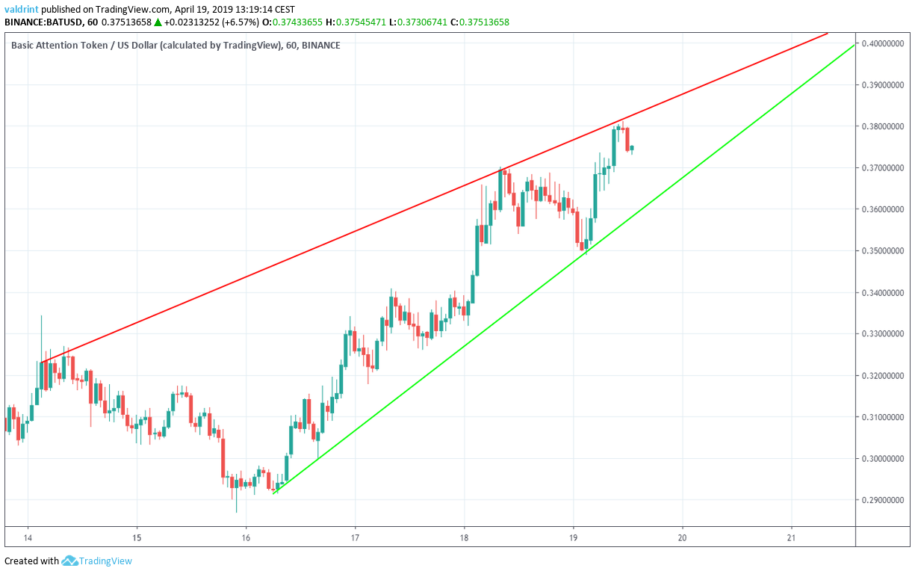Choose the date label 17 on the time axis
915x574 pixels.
(x=355, y=537)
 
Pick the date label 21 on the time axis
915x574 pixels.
(x=792, y=537)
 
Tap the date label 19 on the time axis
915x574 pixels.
(x=573, y=537)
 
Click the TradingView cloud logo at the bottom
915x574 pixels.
(x=70, y=561)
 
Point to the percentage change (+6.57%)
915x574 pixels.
(x=235, y=22)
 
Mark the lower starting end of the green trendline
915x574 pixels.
(x=274, y=493)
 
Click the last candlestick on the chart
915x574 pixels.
(x=632, y=148)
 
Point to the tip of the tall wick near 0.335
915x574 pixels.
(x=41, y=316)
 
